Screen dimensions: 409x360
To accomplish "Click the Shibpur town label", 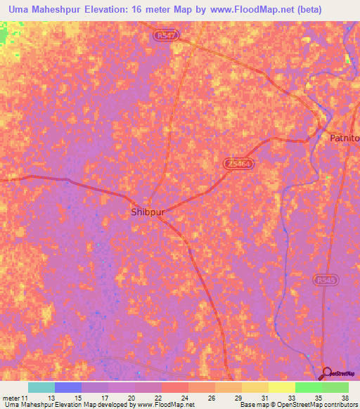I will [x=148, y=211].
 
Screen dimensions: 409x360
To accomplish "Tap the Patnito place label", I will [x=345, y=138].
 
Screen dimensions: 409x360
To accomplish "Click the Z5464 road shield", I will [x=239, y=163].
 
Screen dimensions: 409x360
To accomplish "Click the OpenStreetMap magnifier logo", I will [x=327, y=373].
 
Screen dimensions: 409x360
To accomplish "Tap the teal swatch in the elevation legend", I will [x=41, y=387].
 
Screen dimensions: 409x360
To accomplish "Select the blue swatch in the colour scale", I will [x=68, y=387].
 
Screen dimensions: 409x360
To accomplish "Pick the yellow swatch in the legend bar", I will [x=282, y=387].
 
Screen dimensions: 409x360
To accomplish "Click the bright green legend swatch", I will [x=309, y=387].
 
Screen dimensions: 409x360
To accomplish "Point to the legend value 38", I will [x=345, y=397].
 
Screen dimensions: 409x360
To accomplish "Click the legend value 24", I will [x=184, y=397].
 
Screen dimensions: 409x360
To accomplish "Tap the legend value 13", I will [x=51, y=397].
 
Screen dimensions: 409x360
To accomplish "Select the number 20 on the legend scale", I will [x=131, y=397].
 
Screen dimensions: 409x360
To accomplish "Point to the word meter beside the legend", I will [x=13, y=397].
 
